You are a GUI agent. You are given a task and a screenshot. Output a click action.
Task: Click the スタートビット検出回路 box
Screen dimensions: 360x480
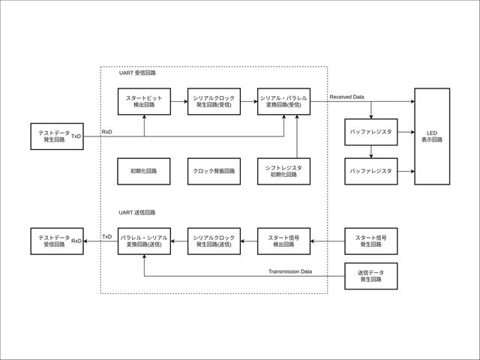pos(143,101)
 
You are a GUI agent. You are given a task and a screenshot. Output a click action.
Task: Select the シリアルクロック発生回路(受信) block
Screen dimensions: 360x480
pos(213,101)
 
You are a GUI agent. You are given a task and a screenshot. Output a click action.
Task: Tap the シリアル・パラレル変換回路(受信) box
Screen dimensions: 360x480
pos(283,101)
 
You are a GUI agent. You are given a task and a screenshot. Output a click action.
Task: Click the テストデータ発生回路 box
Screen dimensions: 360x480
pos(54,136)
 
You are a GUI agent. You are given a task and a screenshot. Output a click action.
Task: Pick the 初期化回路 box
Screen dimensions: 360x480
pos(143,171)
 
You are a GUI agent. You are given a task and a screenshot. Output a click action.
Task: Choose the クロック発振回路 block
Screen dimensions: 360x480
pos(213,171)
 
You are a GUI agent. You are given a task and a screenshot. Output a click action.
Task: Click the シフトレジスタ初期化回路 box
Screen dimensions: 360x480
pos(283,171)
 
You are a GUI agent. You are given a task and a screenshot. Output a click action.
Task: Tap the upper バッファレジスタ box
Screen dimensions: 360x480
pos(370,132)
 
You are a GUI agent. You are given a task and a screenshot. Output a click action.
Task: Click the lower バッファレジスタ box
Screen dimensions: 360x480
pos(370,171)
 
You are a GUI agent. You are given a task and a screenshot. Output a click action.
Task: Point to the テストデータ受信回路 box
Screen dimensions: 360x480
pos(54,241)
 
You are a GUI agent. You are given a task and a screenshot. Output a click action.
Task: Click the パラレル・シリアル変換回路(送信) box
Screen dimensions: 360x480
pos(143,241)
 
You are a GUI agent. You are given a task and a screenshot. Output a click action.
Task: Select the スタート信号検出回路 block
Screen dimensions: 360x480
pos(283,241)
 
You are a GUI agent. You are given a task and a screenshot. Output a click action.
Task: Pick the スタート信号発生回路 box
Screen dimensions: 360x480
pos(370,241)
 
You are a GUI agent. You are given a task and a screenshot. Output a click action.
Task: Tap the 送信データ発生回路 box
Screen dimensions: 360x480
pos(370,276)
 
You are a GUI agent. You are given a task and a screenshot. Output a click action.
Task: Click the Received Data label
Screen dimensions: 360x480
pos(346,97)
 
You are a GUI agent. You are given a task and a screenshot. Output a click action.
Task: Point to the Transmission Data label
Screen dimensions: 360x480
pos(290,271)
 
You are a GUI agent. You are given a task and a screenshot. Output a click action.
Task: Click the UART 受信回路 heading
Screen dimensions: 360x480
pos(137,73)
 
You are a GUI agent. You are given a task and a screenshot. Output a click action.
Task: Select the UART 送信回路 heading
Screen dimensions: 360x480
pos(137,213)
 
